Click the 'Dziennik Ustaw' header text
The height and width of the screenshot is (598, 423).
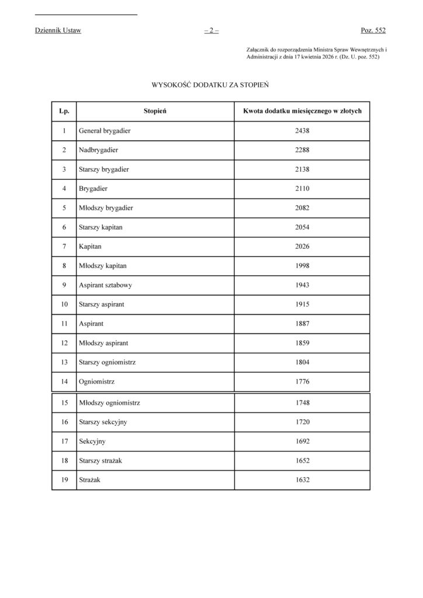click(x=58, y=30)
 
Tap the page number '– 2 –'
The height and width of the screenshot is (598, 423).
click(x=211, y=30)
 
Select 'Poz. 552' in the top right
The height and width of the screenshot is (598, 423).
click(x=373, y=30)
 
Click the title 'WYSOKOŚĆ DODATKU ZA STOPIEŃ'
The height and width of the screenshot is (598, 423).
click(x=210, y=85)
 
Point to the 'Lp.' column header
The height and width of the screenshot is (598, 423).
click(x=64, y=110)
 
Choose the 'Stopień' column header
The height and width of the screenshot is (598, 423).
click(x=155, y=110)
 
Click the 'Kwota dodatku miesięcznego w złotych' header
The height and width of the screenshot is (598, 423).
click(x=301, y=110)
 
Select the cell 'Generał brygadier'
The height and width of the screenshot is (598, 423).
click(x=105, y=130)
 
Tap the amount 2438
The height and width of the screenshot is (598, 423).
click(x=302, y=130)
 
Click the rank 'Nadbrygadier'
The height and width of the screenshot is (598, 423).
click(x=99, y=150)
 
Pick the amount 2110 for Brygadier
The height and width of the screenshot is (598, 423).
click(x=302, y=189)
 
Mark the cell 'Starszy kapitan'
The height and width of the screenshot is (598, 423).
click(x=101, y=227)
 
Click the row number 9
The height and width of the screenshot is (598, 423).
click(x=64, y=285)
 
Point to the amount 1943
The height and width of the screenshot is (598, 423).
click(x=302, y=285)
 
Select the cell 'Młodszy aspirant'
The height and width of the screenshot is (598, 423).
click(x=103, y=343)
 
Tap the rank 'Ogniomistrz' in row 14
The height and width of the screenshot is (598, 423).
click(x=96, y=382)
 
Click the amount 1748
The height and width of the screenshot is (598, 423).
click(x=302, y=402)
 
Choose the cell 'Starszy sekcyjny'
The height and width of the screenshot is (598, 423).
click(x=103, y=422)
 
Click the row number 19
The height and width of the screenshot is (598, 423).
click(x=64, y=480)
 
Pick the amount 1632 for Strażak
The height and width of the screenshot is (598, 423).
click(x=302, y=480)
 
